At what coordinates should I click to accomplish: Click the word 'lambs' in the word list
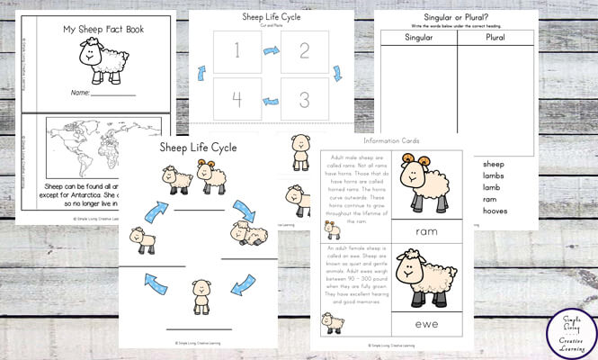(x=495, y=178)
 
